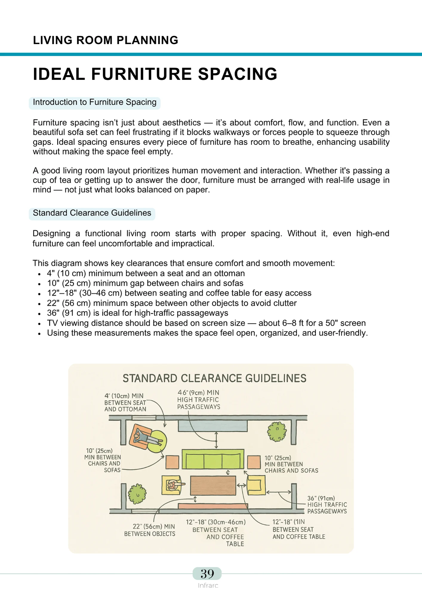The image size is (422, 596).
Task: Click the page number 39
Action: [207, 574]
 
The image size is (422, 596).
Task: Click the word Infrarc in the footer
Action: [208, 586]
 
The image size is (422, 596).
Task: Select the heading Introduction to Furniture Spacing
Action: [95, 102]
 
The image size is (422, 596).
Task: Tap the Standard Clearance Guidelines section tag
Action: [92, 213]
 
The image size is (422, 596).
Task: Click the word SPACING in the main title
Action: [238, 74]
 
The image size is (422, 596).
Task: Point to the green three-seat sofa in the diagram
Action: [213, 459]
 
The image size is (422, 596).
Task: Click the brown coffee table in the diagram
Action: [213, 485]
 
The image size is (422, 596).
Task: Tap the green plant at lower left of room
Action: [137, 494]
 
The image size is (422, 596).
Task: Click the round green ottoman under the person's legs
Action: [155, 441]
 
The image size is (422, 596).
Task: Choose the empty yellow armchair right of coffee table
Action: [256, 485]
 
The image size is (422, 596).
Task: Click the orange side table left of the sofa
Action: [172, 462]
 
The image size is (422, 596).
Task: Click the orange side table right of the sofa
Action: [254, 462]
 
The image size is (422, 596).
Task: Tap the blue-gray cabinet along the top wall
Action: [212, 426]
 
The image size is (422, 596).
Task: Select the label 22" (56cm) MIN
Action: [154, 527]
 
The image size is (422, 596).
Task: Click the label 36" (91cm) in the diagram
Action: [321, 498]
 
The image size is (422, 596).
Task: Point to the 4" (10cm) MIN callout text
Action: [124, 396]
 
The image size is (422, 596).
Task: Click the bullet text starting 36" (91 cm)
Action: [137, 313]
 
